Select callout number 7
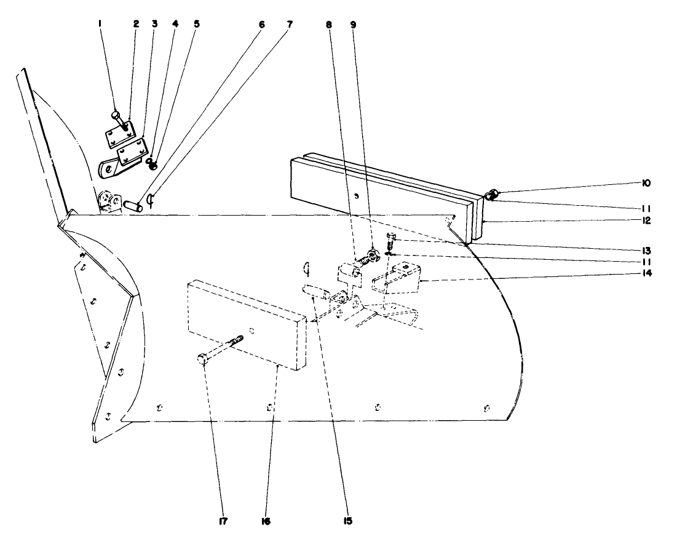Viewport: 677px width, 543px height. pyautogui.click(x=288, y=25)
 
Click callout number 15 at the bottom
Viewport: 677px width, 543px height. pyautogui.click(x=348, y=521)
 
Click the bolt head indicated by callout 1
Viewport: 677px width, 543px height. pyautogui.click(x=116, y=114)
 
